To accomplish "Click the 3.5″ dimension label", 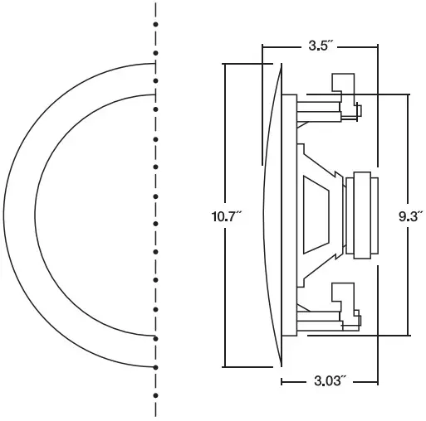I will pos(320,46).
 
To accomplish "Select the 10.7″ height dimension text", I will pos(226,217).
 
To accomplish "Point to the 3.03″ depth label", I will pos(330,382).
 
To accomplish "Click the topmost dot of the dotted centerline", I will pos(156,6).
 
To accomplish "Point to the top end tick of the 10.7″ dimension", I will pos(226,65).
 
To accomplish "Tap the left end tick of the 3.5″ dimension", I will pos(262,46).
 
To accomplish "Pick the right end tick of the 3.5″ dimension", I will pos(376,46).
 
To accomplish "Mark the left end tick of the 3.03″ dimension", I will pos(282,382).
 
